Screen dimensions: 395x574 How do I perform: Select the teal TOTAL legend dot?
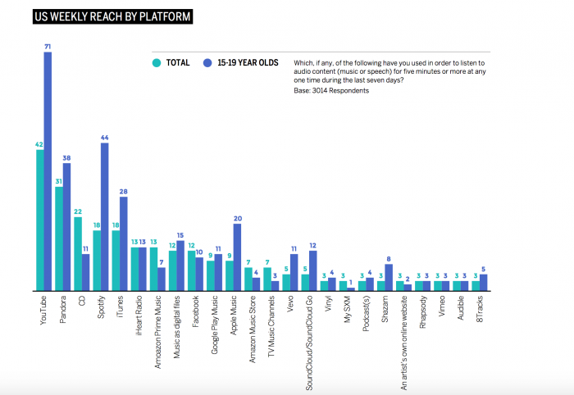156,62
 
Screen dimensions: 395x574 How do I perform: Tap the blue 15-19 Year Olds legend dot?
209,62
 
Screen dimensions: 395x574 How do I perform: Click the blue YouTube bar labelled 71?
48,171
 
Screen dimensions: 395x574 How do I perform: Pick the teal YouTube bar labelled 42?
39,220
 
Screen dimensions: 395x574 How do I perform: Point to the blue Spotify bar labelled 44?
105,216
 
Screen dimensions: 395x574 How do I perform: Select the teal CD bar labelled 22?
78,253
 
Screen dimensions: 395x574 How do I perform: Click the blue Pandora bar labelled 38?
66,227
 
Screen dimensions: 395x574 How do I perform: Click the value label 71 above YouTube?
48,48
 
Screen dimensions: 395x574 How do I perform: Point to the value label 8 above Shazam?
389,259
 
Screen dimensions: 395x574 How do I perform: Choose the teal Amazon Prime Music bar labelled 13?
153,269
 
